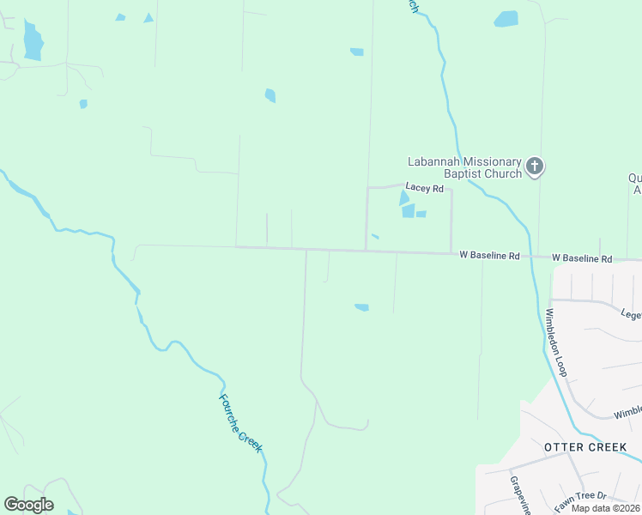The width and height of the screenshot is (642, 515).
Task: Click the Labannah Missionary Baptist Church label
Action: (x=464, y=167)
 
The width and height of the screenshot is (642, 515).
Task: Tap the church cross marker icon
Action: (x=535, y=166)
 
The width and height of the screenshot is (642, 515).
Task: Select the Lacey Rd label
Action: (x=424, y=188)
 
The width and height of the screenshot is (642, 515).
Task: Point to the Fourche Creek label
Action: (x=239, y=424)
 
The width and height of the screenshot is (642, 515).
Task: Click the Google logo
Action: (x=29, y=505)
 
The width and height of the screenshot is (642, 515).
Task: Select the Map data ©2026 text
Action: (x=604, y=508)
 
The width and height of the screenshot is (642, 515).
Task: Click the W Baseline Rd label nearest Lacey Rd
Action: (x=490, y=256)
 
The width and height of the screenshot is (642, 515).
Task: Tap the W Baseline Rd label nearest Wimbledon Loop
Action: (x=582, y=258)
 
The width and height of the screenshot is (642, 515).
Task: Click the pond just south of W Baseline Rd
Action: (x=362, y=306)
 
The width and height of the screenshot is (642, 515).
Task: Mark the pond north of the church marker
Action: (x=506, y=19)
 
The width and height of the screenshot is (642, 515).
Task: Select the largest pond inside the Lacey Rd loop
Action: (x=408, y=210)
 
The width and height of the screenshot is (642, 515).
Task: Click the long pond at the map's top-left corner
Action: (x=33, y=41)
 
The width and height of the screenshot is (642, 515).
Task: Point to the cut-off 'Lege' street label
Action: (x=631, y=314)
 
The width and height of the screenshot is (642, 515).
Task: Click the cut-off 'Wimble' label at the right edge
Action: (x=627, y=414)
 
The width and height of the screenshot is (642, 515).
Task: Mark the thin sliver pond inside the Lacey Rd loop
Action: (x=375, y=237)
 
